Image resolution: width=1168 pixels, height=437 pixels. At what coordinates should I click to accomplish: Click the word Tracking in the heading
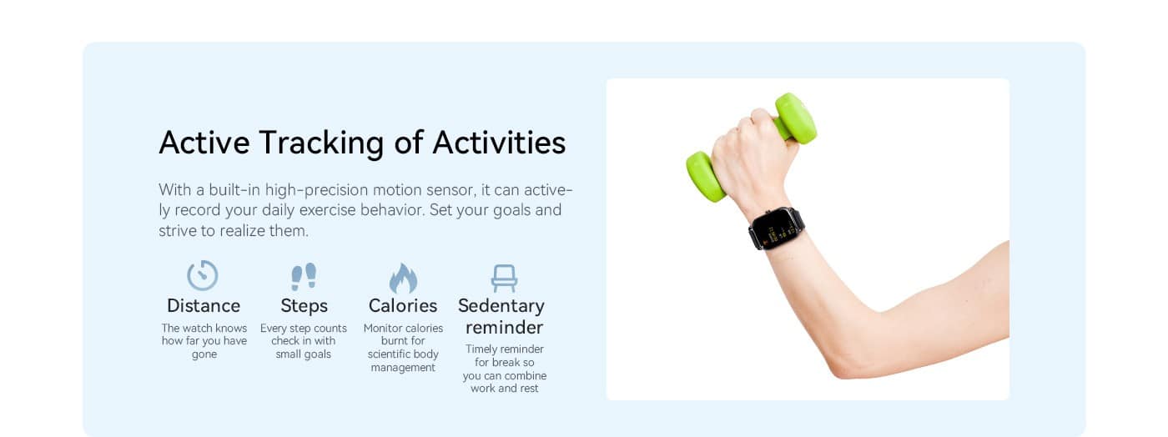pyautogui.click(x=322, y=143)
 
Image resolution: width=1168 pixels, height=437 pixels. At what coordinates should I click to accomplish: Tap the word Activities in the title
pyautogui.click(x=499, y=143)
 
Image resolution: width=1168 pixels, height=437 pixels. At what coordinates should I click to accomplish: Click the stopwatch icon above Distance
pyautogui.click(x=202, y=275)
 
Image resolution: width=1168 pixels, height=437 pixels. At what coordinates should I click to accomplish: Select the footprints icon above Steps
pyautogui.click(x=304, y=276)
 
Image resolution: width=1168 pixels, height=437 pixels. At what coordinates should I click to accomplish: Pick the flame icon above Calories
pyautogui.click(x=403, y=278)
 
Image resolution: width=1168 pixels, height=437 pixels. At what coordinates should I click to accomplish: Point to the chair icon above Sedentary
pyautogui.click(x=504, y=279)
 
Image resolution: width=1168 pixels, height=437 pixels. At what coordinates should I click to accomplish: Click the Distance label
pyautogui.click(x=204, y=305)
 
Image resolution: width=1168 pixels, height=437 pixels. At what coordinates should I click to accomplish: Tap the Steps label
pyautogui.click(x=304, y=306)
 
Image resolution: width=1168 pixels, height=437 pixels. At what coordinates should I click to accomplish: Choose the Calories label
pyautogui.click(x=403, y=305)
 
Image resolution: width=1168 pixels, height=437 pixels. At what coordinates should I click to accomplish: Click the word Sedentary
pyautogui.click(x=501, y=306)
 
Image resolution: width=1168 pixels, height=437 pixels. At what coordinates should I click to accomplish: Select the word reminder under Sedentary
pyautogui.click(x=504, y=328)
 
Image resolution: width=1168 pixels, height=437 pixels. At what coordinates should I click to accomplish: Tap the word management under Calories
pyautogui.click(x=403, y=368)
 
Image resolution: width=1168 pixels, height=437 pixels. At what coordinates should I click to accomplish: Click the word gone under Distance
pyautogui.click(x=204, y=355)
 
